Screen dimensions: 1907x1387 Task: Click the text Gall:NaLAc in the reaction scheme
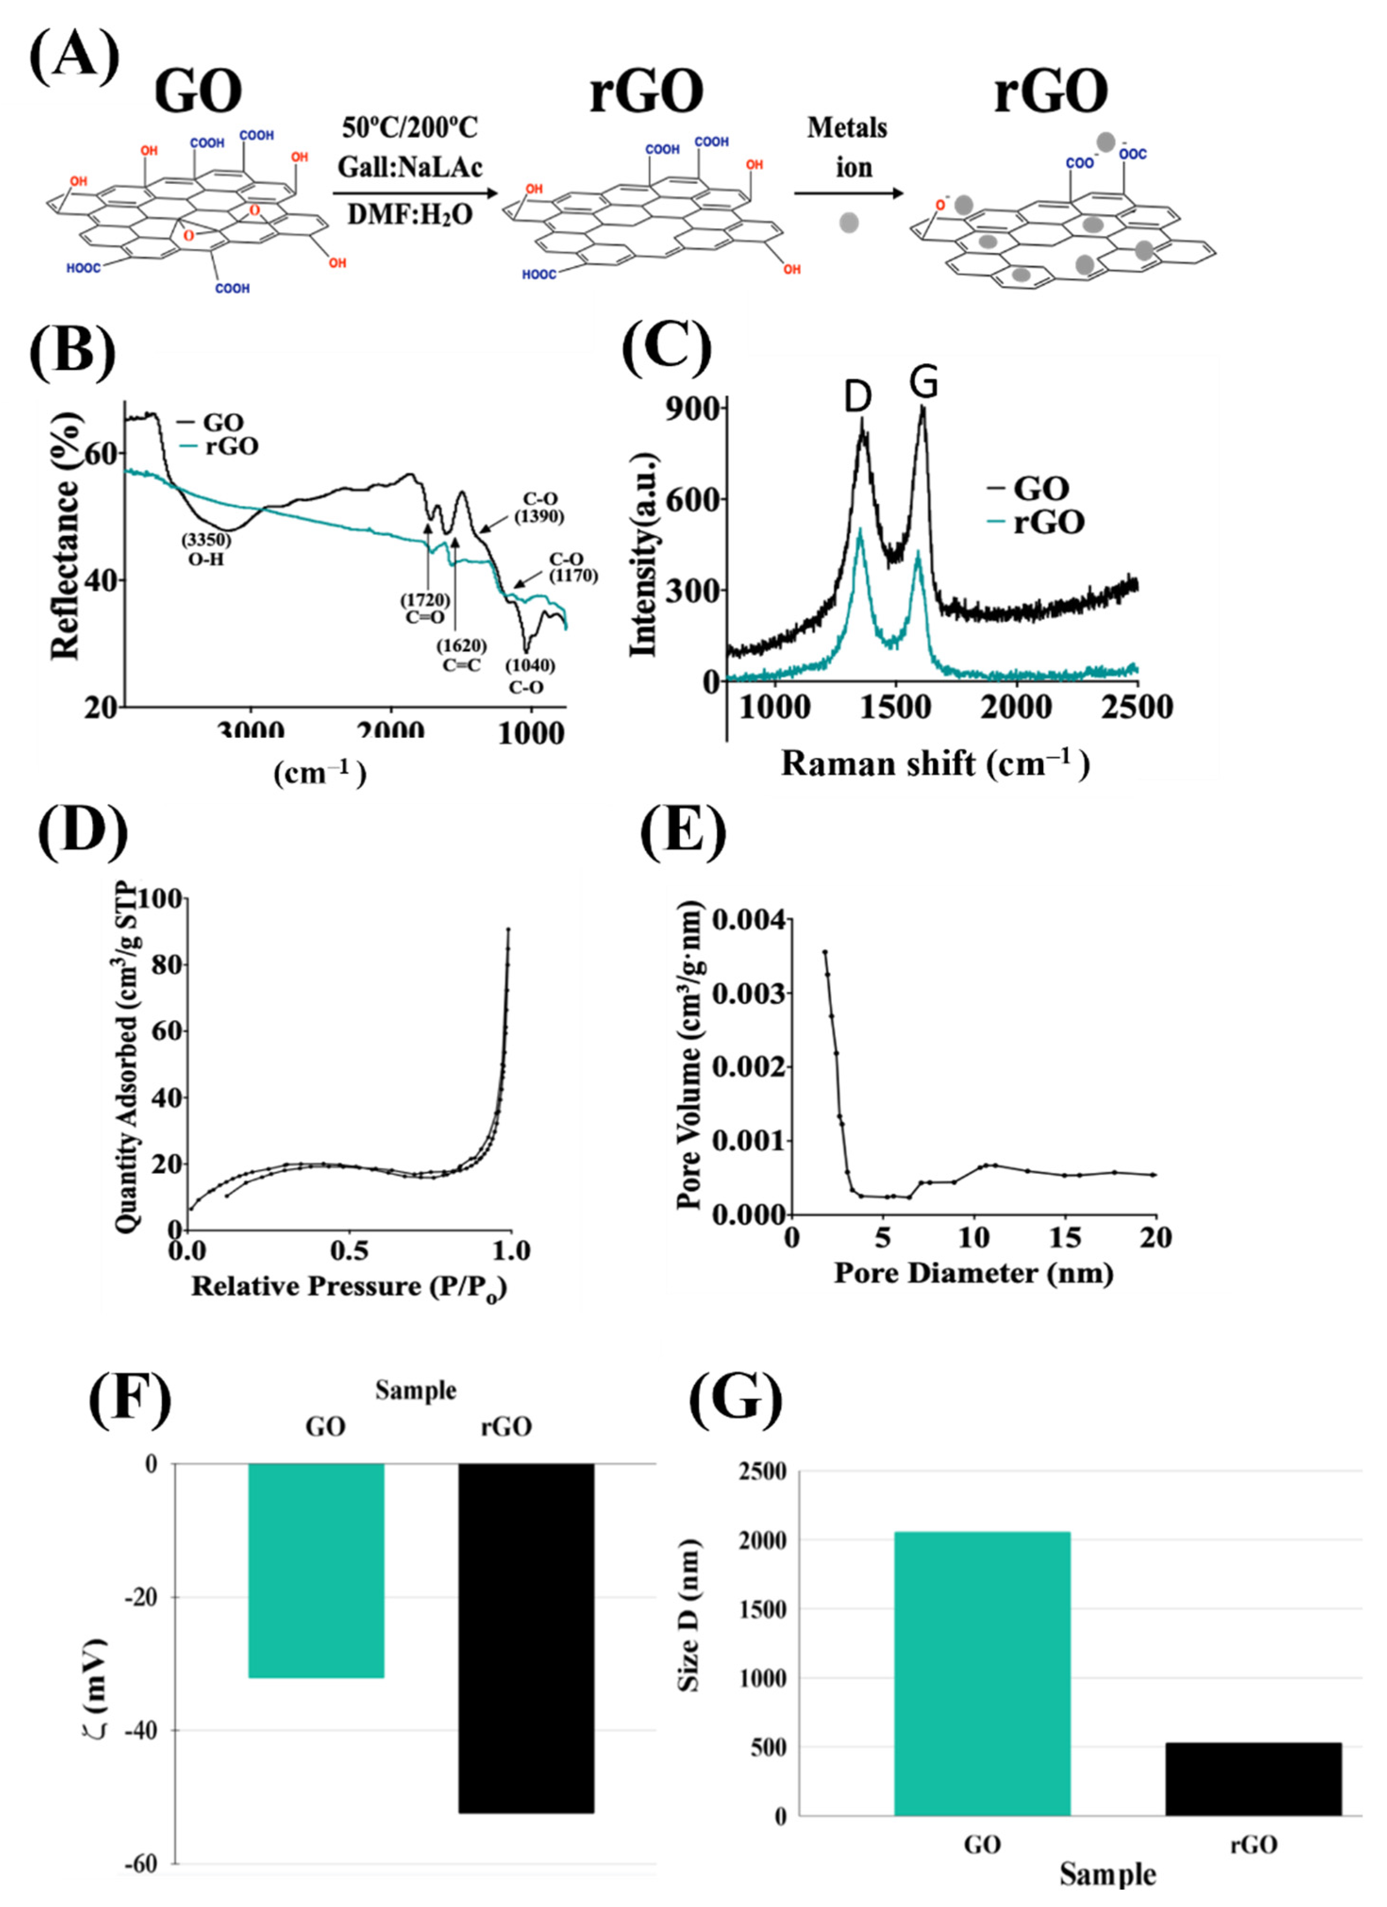[x=410, y=167]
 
